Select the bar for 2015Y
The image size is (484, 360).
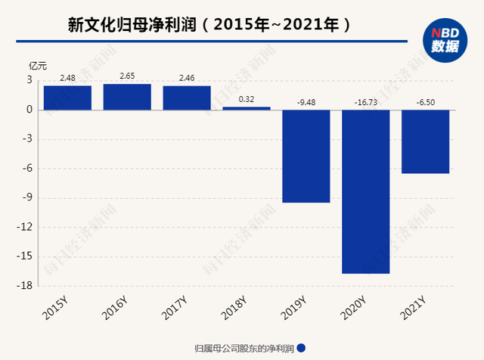(67, 98)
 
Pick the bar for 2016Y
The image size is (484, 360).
(127, 97)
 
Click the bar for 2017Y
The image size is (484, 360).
(187, 98)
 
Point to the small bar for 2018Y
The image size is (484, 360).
(247, 108)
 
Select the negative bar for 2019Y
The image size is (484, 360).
(306, 156)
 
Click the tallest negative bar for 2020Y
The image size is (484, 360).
(366, 191)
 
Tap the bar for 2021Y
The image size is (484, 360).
(426, 141)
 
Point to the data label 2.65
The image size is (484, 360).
(127, 76)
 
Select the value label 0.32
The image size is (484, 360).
(247, 99)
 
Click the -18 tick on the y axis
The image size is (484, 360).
(25, 285)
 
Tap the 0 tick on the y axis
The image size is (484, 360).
(29, 110)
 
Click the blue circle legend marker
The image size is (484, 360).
(301, 348)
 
